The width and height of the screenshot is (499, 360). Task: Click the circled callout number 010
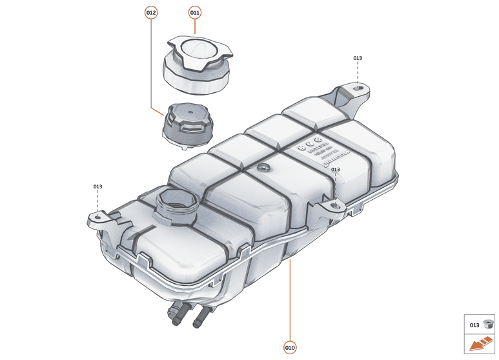290,348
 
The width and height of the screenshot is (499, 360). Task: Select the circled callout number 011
195,12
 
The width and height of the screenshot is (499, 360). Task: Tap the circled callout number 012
151,12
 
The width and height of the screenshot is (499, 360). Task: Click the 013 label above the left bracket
97,186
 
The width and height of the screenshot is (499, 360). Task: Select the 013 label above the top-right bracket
358,58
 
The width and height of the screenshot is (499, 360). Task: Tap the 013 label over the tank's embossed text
335,170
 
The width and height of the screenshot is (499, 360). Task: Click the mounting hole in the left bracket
97,217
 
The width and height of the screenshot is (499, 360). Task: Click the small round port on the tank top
262,168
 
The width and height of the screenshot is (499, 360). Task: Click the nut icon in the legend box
488,325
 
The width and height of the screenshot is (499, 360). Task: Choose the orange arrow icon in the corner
480,345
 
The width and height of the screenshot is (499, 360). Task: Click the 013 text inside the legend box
474,325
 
